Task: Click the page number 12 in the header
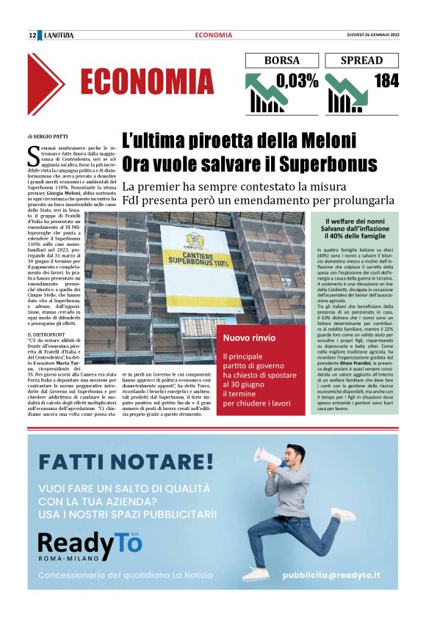pos(32,35)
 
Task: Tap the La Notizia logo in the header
pos(59,35)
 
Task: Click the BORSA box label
pos(282,61)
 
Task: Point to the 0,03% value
pos(297,81)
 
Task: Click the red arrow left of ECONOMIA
pos(46,84)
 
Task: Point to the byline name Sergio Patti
pos(51,136)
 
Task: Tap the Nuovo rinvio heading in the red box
pos(250,338)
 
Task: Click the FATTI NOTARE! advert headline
pos(126,462)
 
